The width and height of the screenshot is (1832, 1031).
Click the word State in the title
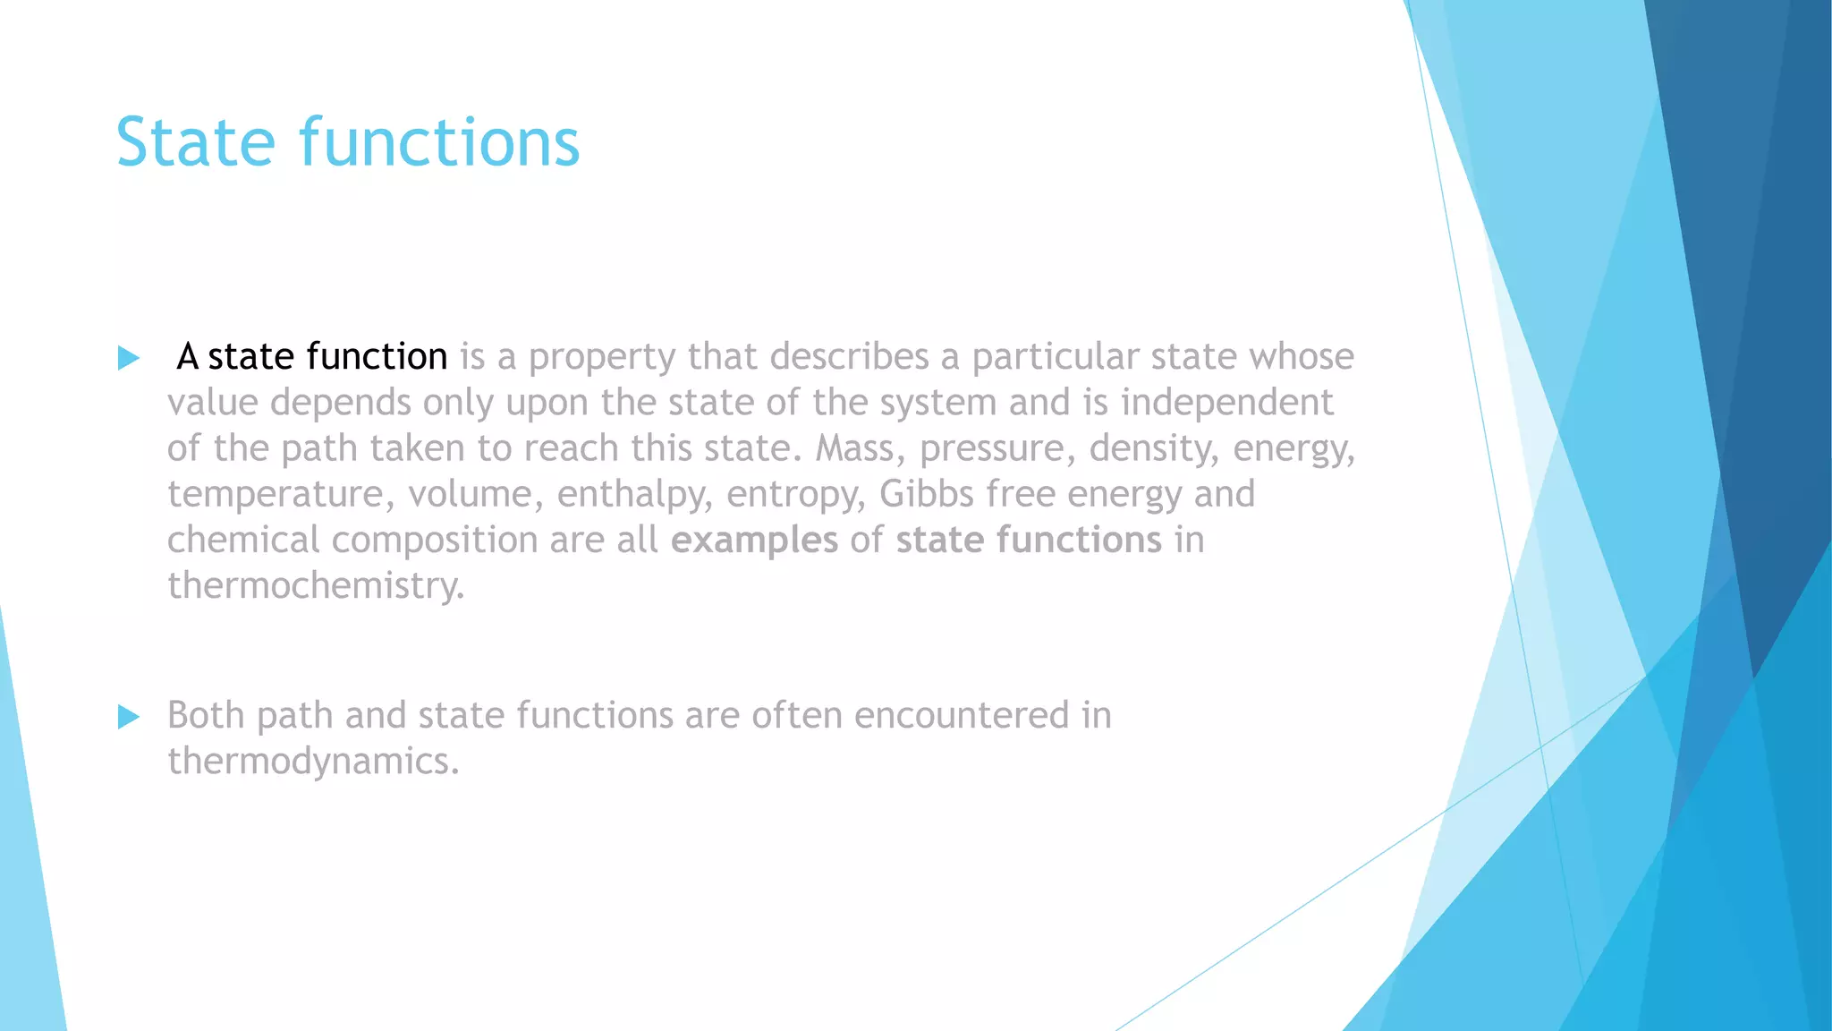pyautogui.click(x=196, y=142)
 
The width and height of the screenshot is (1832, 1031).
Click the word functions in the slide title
pyautogui.click(x=439, y=142)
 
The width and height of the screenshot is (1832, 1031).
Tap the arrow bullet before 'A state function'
pyautogui.click(x=129, y=359)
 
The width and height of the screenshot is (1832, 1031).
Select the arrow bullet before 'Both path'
pyautogui.click(x=129, y=717)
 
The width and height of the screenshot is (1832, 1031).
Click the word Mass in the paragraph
pyautogui.click(x=854, y=447)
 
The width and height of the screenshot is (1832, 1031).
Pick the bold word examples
pyautogui.click(x=754, y=540)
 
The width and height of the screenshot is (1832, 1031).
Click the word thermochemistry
pyautogui.click(x=315, y=585)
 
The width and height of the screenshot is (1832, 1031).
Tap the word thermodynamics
pyautogui.click(x=312, y=761)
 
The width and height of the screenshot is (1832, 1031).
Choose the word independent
pyautogui.click(x=1226, y=402)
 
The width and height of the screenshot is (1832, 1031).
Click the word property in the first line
pyautogui.click(x=602, y=357)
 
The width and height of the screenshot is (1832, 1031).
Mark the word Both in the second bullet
pyautogui.click(x=206, y=715)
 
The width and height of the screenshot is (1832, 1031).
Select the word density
pyautogui.click(x=1153, y=448)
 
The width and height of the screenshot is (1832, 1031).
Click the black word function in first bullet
pyautogui.click(x=376, y=356)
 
